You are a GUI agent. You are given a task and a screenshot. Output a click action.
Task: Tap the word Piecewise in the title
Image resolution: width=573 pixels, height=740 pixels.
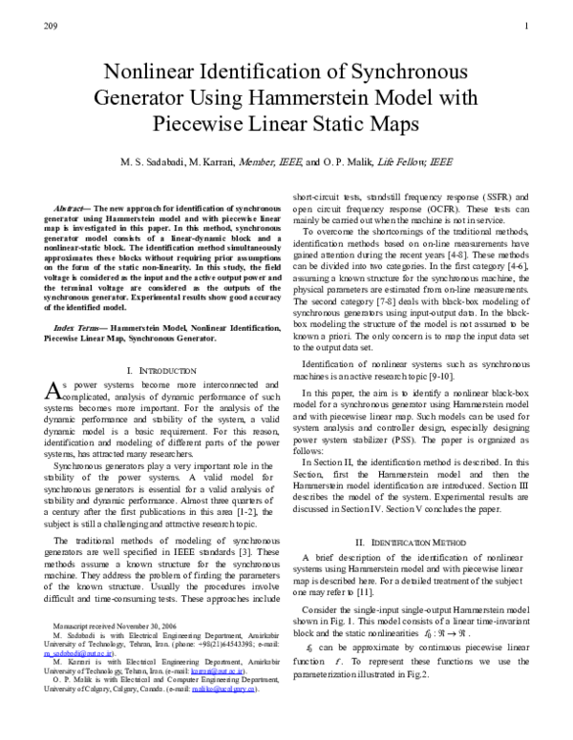tap(198, 124)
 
